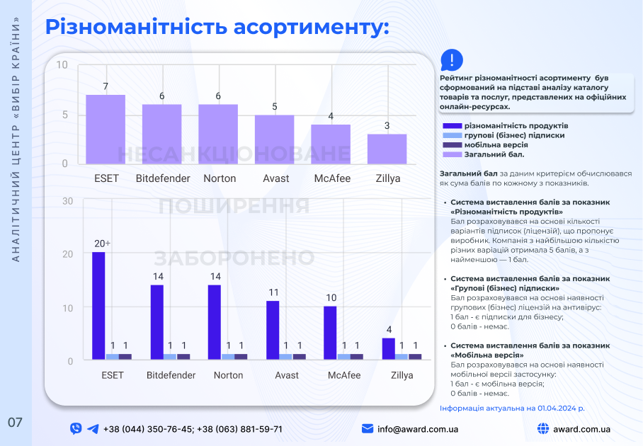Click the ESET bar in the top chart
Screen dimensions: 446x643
tap(106, 129)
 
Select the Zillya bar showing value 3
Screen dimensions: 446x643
tap(387, 149)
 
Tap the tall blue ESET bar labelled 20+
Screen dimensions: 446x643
tap(98, 306)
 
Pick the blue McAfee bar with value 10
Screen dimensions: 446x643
tap(330, 333)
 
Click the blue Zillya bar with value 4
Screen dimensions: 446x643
tap(388, 348)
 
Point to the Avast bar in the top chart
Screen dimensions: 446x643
tap(274, 139)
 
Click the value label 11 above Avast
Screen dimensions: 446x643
tap(273, 292)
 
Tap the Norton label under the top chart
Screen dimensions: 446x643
tap(220, 178)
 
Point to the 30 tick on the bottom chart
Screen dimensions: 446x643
tap(68, 201)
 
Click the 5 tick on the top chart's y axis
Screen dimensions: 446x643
tap(65, 115)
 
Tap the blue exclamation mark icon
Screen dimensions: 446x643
tap(452, 59)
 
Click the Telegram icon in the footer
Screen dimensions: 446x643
tap(93, 429)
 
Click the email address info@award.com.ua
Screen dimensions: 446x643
tap(418, 429)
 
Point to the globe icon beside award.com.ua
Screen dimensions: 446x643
tap(543, 429)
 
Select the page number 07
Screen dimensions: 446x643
tap(16, 423)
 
